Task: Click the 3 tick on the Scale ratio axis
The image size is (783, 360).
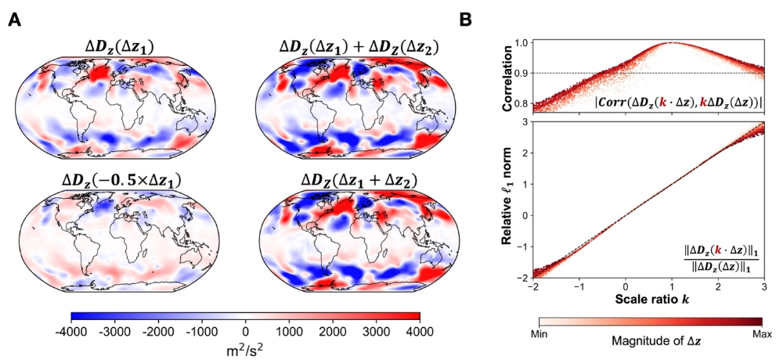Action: click(x=764, y=287)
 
